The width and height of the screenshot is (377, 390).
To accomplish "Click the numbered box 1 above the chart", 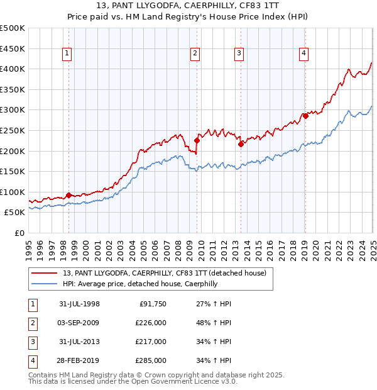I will pos(67,54).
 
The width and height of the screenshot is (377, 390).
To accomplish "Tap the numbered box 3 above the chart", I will pos(239,54).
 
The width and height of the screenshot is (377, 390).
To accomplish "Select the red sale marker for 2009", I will pos(197,141).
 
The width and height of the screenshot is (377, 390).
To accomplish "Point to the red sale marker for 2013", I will pos(241,144).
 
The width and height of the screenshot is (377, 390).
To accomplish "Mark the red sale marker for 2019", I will pos(305,116).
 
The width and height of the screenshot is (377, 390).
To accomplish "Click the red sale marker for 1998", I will pos(68,195).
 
